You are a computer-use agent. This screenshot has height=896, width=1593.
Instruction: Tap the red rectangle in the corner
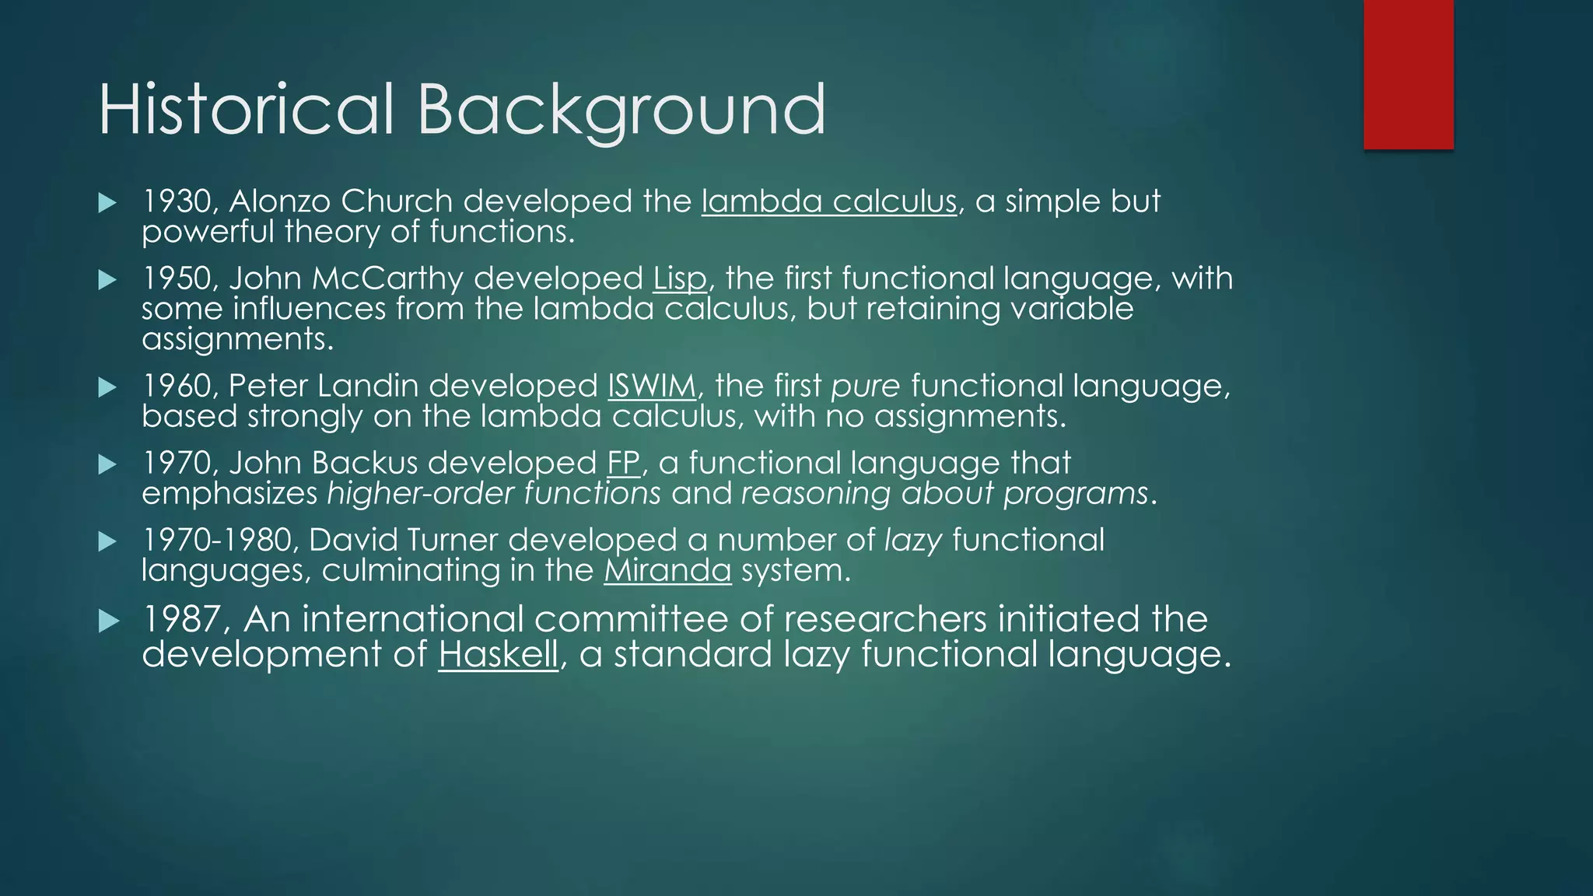1408,75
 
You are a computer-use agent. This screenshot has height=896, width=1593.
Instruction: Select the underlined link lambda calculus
828,201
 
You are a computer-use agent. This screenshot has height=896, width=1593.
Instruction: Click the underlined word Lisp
679,278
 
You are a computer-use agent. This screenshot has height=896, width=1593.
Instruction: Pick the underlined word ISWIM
651,386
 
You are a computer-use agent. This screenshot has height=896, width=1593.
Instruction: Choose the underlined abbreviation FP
622,463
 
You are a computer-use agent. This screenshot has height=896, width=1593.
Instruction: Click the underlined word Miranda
667,570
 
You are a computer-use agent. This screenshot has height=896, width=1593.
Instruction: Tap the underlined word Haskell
498,653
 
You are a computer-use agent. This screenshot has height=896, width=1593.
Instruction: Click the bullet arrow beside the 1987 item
108,621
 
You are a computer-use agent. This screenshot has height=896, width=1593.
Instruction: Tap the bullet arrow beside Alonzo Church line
107,204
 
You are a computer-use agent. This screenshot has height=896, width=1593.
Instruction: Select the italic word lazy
913,540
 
